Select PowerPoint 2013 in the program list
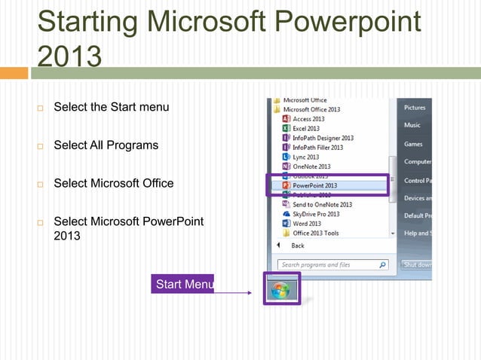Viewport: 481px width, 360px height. click(314, 185)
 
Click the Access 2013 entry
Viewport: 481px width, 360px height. click(308, 119)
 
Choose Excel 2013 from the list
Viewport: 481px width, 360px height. click(306, 129)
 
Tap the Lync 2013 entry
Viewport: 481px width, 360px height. click(306, 157)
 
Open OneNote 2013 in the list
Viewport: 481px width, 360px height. click(311, 166)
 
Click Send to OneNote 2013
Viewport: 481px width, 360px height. click(322, 205)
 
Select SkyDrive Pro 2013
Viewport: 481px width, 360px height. click(316, 215)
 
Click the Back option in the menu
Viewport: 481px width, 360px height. click(298, 246)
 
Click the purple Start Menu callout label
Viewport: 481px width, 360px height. click(182, 284)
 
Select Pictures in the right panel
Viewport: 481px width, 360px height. click(415, 108)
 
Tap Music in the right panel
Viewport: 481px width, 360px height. click(412, 125)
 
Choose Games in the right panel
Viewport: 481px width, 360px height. click(413, 144)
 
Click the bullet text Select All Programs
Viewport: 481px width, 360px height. click(106, 145)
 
